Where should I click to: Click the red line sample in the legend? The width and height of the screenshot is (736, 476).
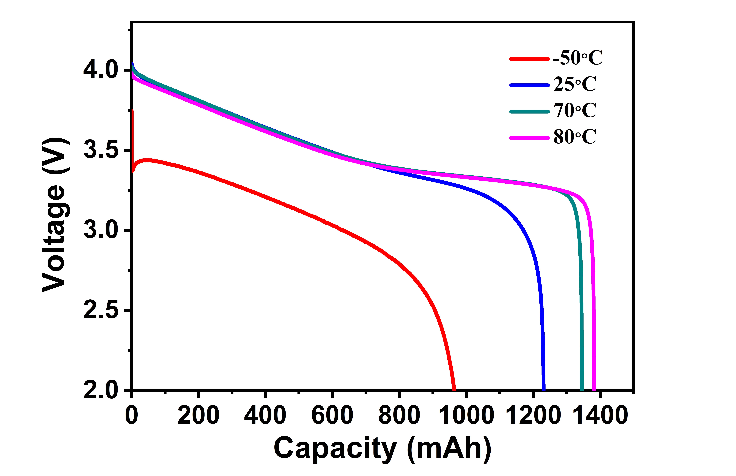[529, 59]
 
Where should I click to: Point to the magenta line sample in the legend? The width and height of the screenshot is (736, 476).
[529, 138]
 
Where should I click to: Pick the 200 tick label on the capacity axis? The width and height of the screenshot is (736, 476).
[198, 416]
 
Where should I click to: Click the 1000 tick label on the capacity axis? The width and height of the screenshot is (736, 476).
[466, 416]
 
